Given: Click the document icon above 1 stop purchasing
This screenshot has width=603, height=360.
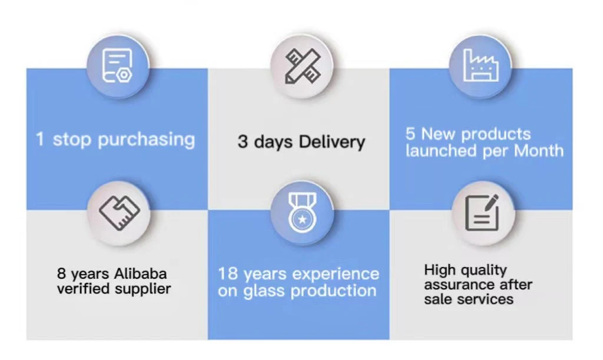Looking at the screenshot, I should coord(118,65).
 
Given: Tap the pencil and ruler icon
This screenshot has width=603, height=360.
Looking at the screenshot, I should coord(301,65).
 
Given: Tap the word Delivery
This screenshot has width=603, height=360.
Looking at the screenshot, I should coord(332,142).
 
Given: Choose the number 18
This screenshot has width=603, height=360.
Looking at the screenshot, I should coord(228,274).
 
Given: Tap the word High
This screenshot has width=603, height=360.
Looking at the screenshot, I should coord(440,270).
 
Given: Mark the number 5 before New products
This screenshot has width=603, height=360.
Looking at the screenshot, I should coord(410,134).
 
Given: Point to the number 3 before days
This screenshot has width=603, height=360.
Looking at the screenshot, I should coord(243,142).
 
